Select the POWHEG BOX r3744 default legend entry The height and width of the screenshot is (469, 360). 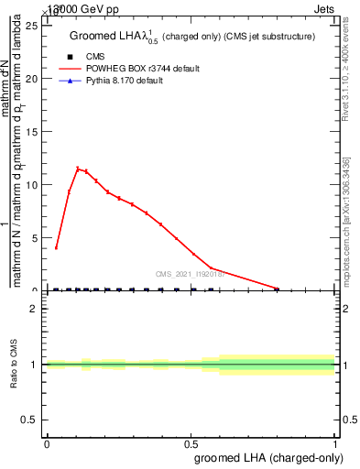[136, 69]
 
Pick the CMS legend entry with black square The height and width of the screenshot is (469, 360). [95, 57]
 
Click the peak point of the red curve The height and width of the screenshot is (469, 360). [78, 169]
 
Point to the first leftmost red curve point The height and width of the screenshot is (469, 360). [57, 247]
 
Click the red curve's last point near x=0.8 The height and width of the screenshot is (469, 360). [277, 289]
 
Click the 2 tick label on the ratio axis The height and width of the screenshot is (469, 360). [36, 309]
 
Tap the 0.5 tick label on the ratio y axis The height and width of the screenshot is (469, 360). [32, 420]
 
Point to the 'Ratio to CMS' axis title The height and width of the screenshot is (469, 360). [15, 365]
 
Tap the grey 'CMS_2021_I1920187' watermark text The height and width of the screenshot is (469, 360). [195, 273]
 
